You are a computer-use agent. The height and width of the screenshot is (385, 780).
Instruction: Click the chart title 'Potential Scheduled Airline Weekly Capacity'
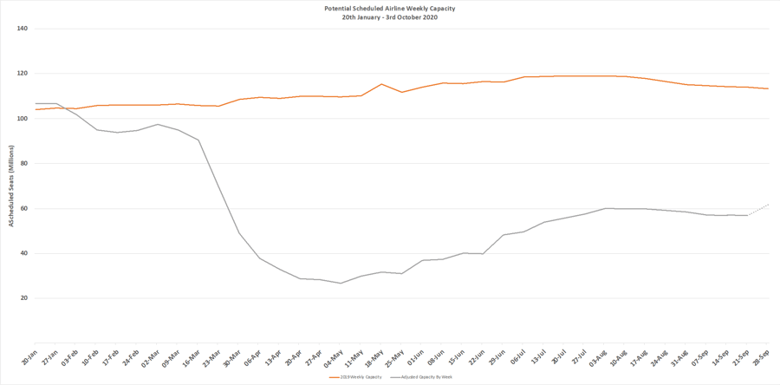point(390,9)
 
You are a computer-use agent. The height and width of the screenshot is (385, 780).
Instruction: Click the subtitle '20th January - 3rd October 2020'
point(390,17)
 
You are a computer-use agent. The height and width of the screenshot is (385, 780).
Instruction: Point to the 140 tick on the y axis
point(23,29)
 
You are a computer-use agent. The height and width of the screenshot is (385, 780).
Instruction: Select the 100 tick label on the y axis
point(23,119)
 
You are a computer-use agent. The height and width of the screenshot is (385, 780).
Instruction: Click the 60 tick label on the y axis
point(24,209)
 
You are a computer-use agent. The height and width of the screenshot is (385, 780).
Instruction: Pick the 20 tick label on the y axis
point(24,298)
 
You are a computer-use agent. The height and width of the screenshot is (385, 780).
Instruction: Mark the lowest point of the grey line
point(341,283)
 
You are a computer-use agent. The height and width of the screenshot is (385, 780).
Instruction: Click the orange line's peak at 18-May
point(381,84)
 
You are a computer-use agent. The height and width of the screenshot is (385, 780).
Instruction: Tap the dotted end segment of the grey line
point(758,209)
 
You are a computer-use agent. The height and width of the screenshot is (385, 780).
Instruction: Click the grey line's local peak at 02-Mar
point(157,124)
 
